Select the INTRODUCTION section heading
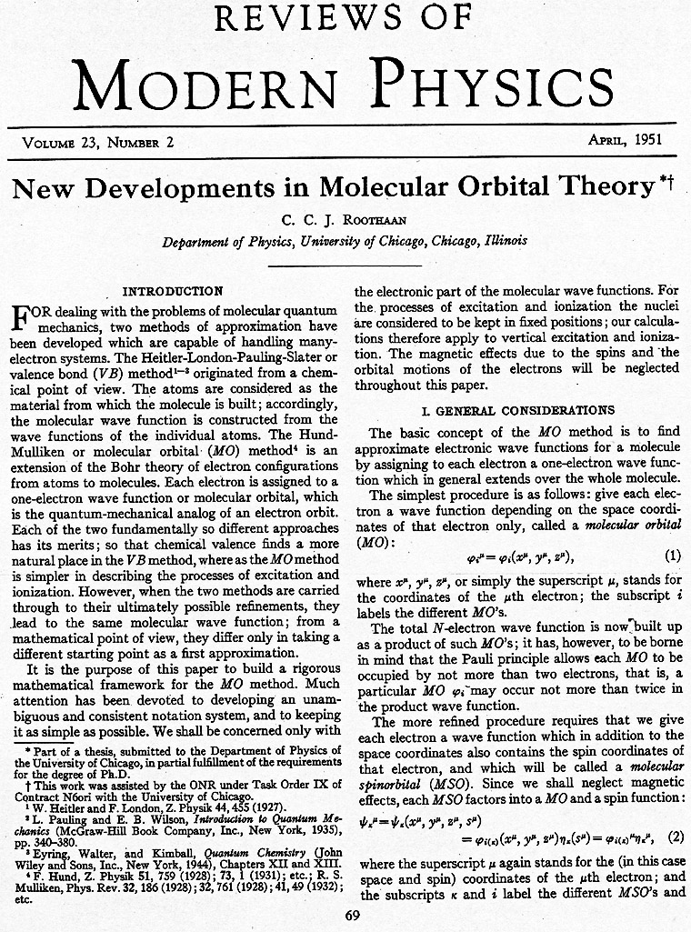click(173, 291)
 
